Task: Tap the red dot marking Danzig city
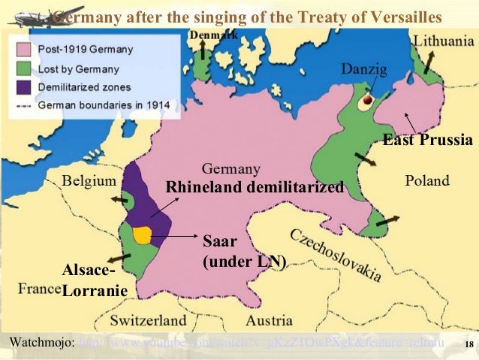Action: pyautogui.click(x=368, y=98)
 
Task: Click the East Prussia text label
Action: pyautogui.click(x=427, y=140)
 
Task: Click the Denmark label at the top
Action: pyautogui.click(x=213, y=35)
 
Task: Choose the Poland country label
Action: pyautogui.click(x=426, y=180)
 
